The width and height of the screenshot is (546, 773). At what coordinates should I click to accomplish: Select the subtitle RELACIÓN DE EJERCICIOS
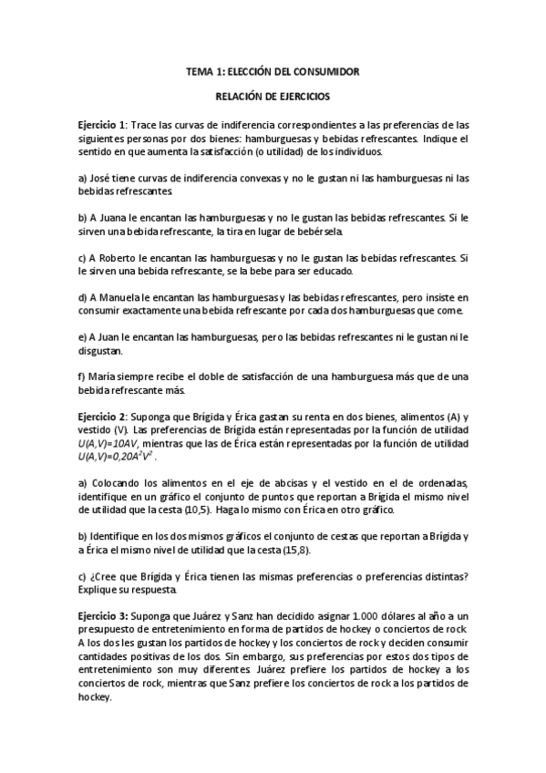[x=273, y=96]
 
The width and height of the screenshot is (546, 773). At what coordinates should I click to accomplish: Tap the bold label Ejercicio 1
[x=101, y=124]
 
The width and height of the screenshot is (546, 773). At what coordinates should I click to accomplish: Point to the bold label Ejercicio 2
[x=101, y=417]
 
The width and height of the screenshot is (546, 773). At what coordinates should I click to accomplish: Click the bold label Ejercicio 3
[x=102, y=619]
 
